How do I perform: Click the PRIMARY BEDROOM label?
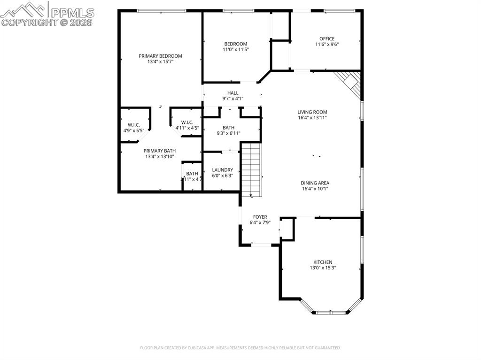pos(160,56)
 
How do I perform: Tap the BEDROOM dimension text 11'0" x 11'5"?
pos(235,49)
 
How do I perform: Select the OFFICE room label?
pos(326,39)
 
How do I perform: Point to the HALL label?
pos(233,93)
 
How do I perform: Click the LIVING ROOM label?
pos(312,112)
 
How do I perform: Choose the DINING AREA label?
pos(315,183)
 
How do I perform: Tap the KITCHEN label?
pos(323,262)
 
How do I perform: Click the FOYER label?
pos(260,217)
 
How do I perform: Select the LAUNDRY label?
pos(222,170)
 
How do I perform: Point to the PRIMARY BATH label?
pos(160,151)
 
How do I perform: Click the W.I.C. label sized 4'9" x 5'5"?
pos(134,125)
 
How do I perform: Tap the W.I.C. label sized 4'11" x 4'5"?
pos(187,123)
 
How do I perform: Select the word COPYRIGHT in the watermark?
pos(28,22)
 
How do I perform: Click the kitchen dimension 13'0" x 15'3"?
pos(323,268)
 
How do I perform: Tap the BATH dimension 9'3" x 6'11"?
pos(228,133)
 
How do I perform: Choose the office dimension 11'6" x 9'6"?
pos(326,45)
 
